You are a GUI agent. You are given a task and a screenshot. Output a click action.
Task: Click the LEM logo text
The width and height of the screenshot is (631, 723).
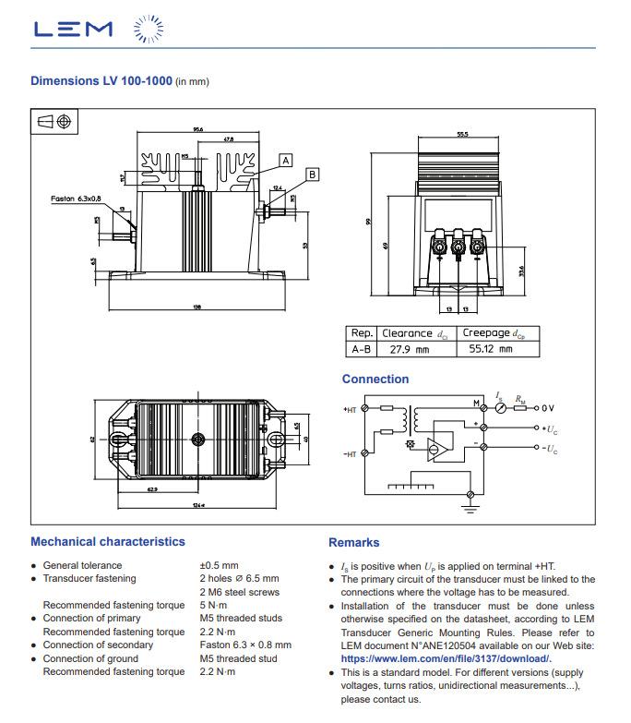click(x=73, y=30)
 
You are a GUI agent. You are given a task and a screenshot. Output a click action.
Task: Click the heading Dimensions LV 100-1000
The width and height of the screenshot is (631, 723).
click(x=101, y=81)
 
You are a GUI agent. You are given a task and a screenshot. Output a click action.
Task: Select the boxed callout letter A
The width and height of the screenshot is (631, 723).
click(x=285, y=160)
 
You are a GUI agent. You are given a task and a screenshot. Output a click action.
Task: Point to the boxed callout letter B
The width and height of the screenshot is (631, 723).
click(x=312, y=174)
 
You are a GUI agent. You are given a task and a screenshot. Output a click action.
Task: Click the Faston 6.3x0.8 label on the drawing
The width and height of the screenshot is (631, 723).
click(x=77, y=198)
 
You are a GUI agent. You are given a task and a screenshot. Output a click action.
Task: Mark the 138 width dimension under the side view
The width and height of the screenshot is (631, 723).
click(x=196, y=307)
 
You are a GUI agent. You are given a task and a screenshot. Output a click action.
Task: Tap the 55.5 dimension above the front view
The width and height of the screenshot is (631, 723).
click(x=461, y=135)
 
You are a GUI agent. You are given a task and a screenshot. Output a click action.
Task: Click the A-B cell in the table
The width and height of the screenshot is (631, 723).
click(x=360, y=350)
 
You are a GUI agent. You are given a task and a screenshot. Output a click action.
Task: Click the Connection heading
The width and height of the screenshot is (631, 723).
click(x=375, y=379)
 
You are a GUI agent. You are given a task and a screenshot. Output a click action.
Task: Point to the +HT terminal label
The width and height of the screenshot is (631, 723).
click(x=351, y=408)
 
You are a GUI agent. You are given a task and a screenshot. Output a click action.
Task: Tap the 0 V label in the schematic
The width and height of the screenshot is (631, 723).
click(x=548, y=407)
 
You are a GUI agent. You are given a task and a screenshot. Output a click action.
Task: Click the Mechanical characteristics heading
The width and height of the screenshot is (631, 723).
click(x=107, y=542)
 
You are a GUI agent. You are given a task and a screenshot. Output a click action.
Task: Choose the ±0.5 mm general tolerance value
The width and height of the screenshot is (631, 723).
click(x=219, y=565)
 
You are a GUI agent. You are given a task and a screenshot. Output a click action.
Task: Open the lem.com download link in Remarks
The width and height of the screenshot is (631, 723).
click(x=445, y=658)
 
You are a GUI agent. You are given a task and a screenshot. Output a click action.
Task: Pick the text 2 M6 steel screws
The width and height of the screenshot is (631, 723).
click(x=239, y=592)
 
